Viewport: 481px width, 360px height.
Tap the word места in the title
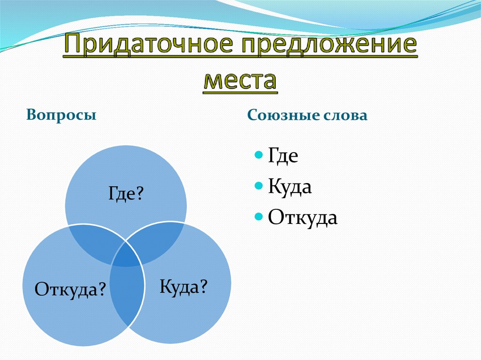(x=240, y=80)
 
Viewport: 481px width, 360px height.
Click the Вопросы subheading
(x=62, y=115)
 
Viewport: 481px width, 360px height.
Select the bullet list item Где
(x=283, y=156)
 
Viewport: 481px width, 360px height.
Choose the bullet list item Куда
(x=290, y=187)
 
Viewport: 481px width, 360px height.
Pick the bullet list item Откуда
(x=303, y=218)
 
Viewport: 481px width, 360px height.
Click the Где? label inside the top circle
(x=125, y=193)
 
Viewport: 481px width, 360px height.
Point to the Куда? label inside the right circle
(x=183, y=286)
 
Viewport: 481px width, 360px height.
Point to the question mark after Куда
(x=203, y=286)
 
